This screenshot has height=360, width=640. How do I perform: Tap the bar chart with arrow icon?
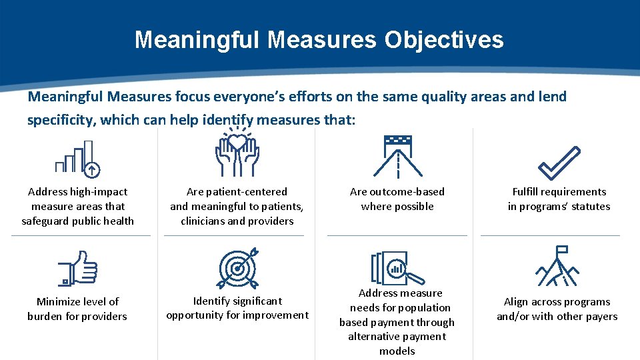click(77, 157)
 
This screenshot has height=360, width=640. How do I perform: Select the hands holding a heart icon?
click(237, 153)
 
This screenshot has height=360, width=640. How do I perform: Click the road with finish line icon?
click(398, 157)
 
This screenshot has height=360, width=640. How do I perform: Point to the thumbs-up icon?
click(77, 268)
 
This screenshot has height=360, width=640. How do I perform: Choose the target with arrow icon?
click(237, 268)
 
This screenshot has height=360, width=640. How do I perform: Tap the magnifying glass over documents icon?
click(397, 268)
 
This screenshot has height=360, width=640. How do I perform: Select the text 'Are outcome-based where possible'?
click(397, 199)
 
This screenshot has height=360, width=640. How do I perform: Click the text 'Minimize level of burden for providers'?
click(77, 309)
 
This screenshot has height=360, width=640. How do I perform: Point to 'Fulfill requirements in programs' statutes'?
click(559, 199)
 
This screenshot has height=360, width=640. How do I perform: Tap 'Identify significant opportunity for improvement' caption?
click(237, 308)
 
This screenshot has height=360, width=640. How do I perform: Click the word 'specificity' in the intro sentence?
click(61, 120)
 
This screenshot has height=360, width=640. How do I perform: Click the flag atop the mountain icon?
click(561, 251)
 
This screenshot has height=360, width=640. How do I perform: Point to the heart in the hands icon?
click(237, 141)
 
